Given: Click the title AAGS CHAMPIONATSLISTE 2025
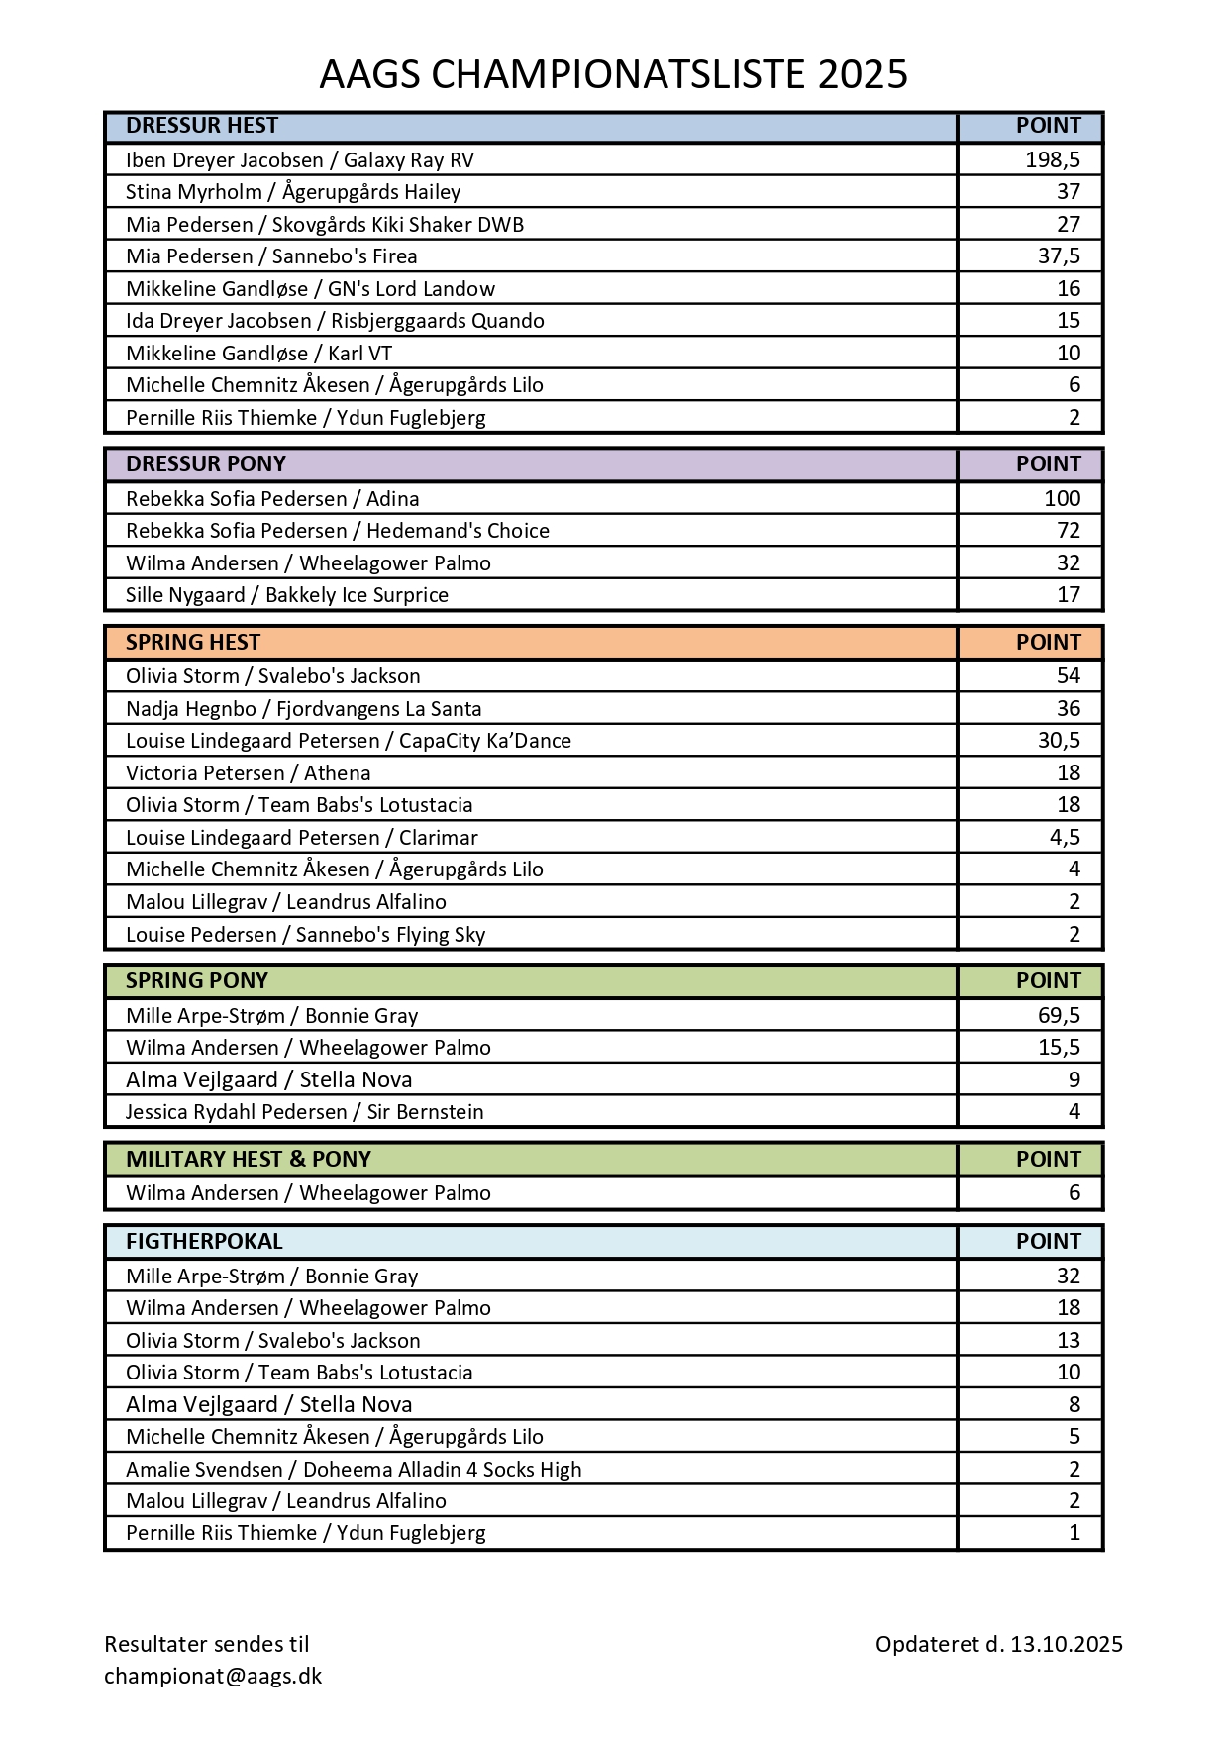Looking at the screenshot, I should pyautogui.click(x=613, y=75).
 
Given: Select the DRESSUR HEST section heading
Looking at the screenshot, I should pyautogui.click(x=202, y=126).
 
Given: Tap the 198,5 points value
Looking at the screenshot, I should pyautogui.click(x=1052, y=160).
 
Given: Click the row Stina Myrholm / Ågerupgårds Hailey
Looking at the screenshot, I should pyautogui.click(x=293, y=192).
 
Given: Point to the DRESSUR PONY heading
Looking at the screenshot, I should pyautogui.click(x=206, y=464).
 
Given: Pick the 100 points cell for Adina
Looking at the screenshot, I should pyautogui.click(x=1062, y=499).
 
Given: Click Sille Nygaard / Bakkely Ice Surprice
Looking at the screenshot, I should pyautogui.click(x=287, y=595).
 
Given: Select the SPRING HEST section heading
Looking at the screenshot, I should pyautogui.click(x=193, y=643).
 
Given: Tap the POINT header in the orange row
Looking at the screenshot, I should pyautogui.click(x=1048, y=643).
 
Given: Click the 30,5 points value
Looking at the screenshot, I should pyautogui.click(x=1059, y=741).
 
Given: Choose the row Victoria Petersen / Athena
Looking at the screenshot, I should pyautogui.click(x=249, y=773).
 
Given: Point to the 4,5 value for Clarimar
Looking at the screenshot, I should pyautogui.click(x=1065, y=838).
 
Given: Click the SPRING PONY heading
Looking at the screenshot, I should pyautogui.click(x=197, y=981).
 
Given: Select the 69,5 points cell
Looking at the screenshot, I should pyautogui.click(x=1059, y=1016).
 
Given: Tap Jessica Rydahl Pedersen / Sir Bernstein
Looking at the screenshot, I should pyautogui.click(x=305, y=1112).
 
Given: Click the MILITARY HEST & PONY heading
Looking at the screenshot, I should pyautogui.click(x=249, y=1160).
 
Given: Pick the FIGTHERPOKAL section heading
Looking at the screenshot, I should pyautogui.click(x=204, y=1242).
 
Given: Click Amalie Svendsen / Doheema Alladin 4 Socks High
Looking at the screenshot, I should pyautogui.click(x=354, y=1470).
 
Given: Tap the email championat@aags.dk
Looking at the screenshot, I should pyautogui.click(x=213, y=1677).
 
